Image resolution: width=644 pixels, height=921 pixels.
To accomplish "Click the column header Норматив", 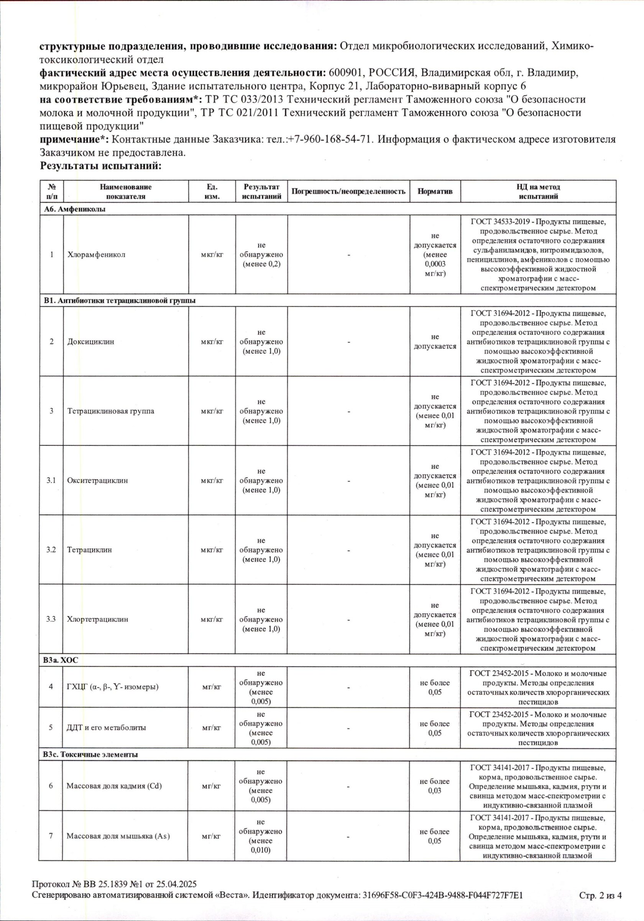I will [x=435, y=191].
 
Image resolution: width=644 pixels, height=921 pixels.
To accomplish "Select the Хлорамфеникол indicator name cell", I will [x=96, y=254].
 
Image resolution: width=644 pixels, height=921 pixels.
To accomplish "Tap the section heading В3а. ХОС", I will [x=61, y=660].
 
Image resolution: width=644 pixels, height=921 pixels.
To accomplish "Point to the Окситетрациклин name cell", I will [x=97, y=480].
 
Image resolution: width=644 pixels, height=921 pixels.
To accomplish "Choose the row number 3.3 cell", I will [x=51, y=619].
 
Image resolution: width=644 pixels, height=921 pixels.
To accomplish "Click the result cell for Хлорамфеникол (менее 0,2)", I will [x=261, y=254].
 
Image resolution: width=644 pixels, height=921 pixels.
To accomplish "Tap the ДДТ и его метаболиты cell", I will [x=106, y=728].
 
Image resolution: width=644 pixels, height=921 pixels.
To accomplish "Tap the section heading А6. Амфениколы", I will [x=74, y=209].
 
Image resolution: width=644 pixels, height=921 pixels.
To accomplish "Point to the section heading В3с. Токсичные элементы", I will [x=90, y=754].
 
